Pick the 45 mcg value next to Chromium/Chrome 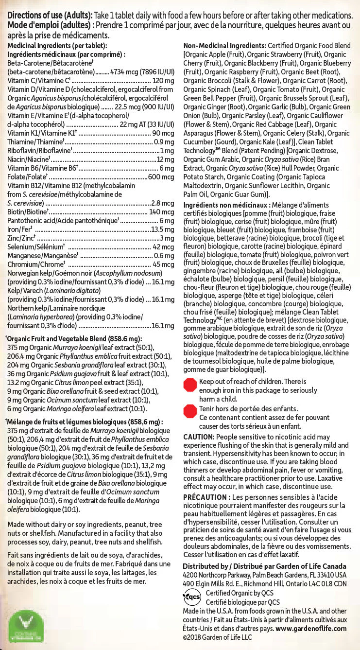[x=163, y=264]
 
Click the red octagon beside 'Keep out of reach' [x=189, y=386]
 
